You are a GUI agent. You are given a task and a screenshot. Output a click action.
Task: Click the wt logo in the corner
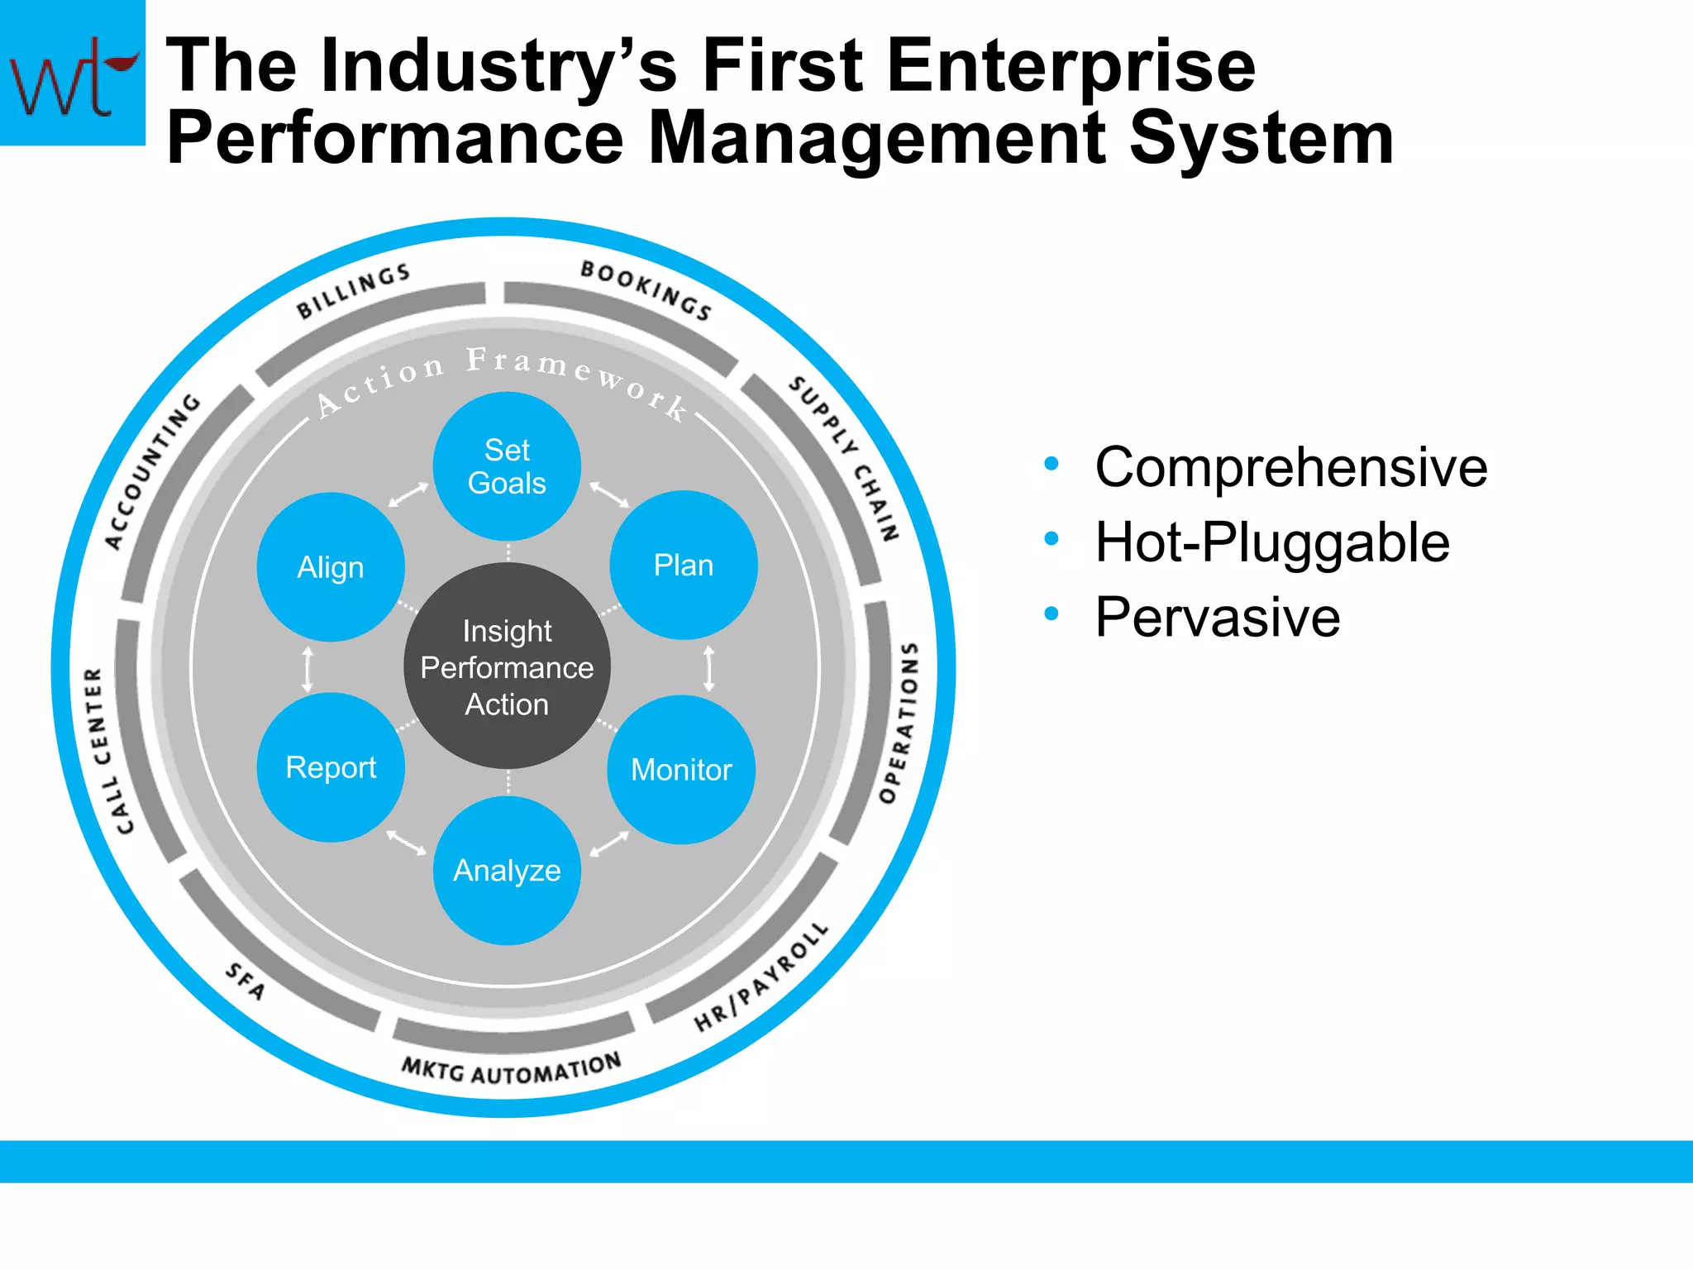[72, 73]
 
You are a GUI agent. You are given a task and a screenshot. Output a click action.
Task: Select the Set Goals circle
[507, 466]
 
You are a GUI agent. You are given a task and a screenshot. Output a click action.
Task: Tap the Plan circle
[683, 566]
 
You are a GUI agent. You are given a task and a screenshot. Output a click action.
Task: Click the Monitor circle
[681, 770]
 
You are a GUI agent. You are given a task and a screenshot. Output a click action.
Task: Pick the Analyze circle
[507, 871]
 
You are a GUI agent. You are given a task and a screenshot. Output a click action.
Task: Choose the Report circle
[331, 767]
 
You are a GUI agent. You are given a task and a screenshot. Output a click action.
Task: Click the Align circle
[331, 567]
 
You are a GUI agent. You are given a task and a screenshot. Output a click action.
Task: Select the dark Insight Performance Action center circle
[507, 667]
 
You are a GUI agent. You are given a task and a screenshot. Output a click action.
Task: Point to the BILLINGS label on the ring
[354, 291]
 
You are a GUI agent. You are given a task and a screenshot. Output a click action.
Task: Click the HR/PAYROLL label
[761, 978]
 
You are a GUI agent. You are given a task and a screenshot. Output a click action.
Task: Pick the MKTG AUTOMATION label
[511, 1069]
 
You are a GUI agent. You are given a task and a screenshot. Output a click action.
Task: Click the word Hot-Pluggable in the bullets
[1271, 542]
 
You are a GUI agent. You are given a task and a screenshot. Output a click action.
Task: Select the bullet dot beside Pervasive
[1052, 614]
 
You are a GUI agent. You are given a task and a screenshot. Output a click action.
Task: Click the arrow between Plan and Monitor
[708, 668]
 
